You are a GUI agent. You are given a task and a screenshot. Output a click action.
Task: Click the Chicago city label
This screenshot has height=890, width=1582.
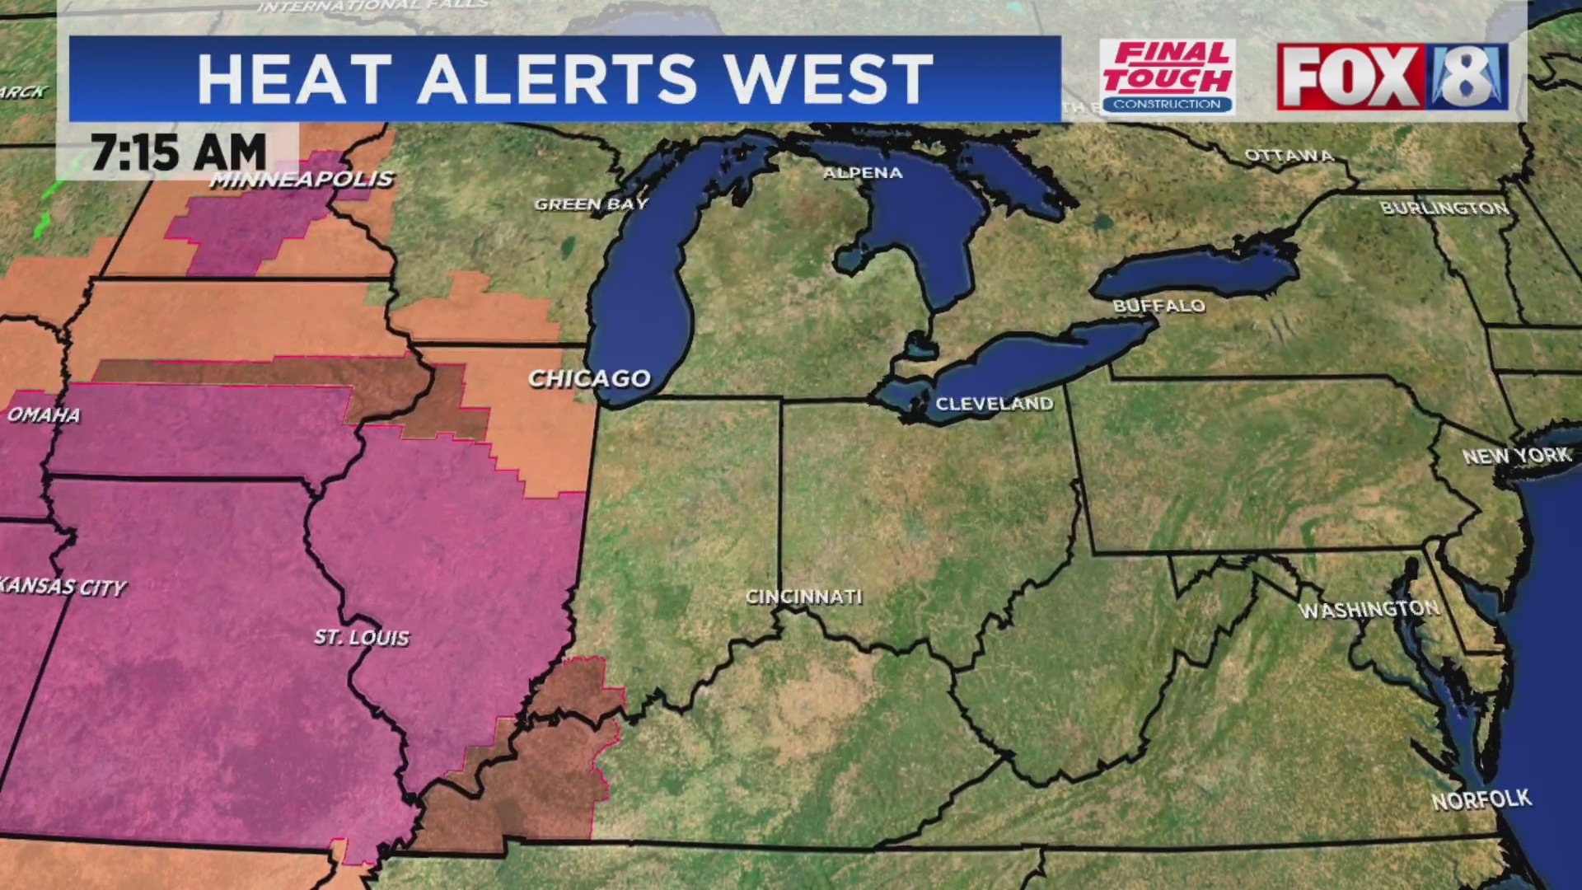coord(589,379)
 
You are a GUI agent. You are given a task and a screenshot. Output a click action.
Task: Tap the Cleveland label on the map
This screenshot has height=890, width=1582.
coord(994,404)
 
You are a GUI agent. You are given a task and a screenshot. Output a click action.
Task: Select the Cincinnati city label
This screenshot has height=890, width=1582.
coord(803,597)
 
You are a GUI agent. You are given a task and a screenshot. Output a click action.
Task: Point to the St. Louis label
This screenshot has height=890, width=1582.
coord(362,637)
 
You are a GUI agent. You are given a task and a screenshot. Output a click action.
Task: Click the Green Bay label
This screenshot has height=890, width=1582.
coord(591,204)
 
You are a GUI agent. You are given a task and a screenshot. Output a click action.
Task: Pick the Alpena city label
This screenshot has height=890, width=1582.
coord(863,173)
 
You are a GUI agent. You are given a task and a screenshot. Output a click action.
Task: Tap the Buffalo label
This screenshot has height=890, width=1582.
coord(1158,306)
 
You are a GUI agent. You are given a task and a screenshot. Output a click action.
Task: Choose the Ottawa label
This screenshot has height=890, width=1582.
coord(1289,155)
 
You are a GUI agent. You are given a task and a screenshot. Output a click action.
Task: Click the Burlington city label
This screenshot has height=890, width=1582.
coord(1444,208)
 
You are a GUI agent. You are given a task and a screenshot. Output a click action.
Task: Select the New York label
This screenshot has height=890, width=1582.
coord(1516,456)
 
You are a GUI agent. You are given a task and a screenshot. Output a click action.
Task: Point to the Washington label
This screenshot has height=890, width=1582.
coord(1369,610)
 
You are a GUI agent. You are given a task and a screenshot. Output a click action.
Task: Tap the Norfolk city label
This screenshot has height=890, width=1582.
coord(1481,799)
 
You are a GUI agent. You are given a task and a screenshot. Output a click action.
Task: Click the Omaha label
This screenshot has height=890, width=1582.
coord(44,415)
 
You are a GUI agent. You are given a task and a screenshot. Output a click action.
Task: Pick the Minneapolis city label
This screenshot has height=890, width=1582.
coord(302,180)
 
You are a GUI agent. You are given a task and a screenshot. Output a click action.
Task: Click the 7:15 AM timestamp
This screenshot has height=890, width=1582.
coord(178,152)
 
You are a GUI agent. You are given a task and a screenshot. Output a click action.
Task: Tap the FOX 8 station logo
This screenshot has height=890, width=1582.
coord(1392,77)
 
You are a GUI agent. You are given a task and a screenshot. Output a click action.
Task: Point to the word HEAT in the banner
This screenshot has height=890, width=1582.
coord(294,79)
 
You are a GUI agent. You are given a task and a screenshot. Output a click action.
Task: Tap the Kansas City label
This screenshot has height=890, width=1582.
coord(63,587)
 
